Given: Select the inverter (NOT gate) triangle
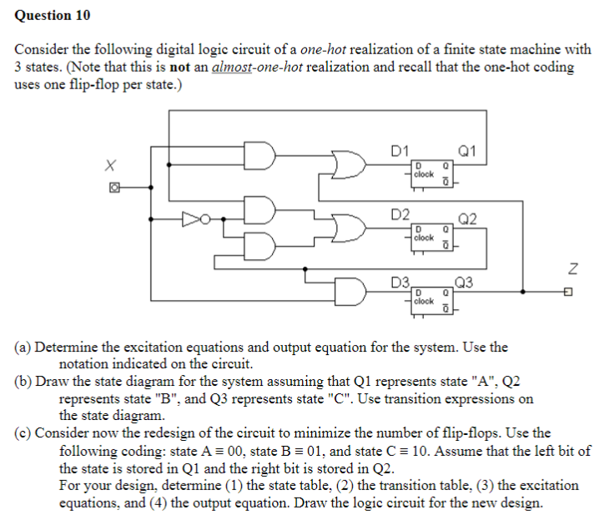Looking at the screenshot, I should tap(192, 219).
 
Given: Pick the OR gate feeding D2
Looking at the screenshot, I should tap(347, 226).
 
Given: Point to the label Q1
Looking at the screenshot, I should tap(467, 151).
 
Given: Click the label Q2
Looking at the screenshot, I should tap(467, 219).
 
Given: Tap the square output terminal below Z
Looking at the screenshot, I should tap(568, 292).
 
